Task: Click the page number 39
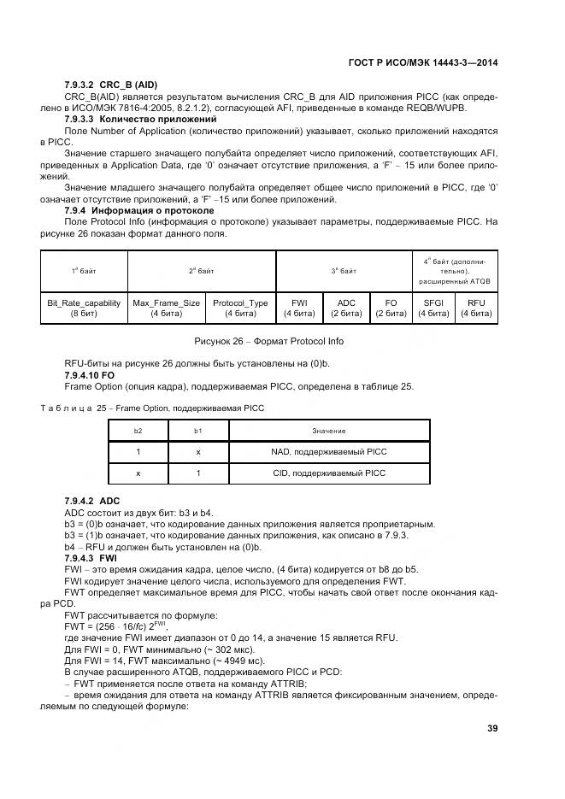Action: click(x=491, y=728)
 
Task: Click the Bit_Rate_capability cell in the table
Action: click(x=84, y=308)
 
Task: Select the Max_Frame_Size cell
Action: click(x=167, y=308)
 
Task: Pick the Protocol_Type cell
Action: click(x=240, y=308)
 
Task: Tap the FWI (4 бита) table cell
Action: click(x=299, y=308)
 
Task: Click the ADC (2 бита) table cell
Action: click(x=346, y=308)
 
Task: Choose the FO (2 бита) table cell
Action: click(x=391, y=308)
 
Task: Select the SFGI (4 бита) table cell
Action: click(x=433, y=308)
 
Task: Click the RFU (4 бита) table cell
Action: click(x=476, y=308)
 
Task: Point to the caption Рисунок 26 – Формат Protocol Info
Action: click(x=281, y=342)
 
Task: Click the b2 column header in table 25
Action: click(x=138, y=431)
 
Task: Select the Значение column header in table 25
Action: click(x=328, y=431)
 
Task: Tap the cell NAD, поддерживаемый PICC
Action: click(x=328, y=451)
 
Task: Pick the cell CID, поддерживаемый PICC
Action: click(x=328, y=473)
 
